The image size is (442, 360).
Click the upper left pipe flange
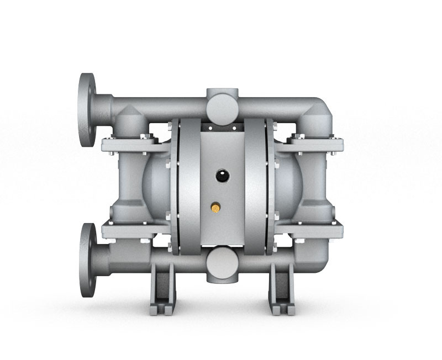click(x=87, y=109)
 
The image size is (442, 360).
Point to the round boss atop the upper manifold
click(x=222, y=101)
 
